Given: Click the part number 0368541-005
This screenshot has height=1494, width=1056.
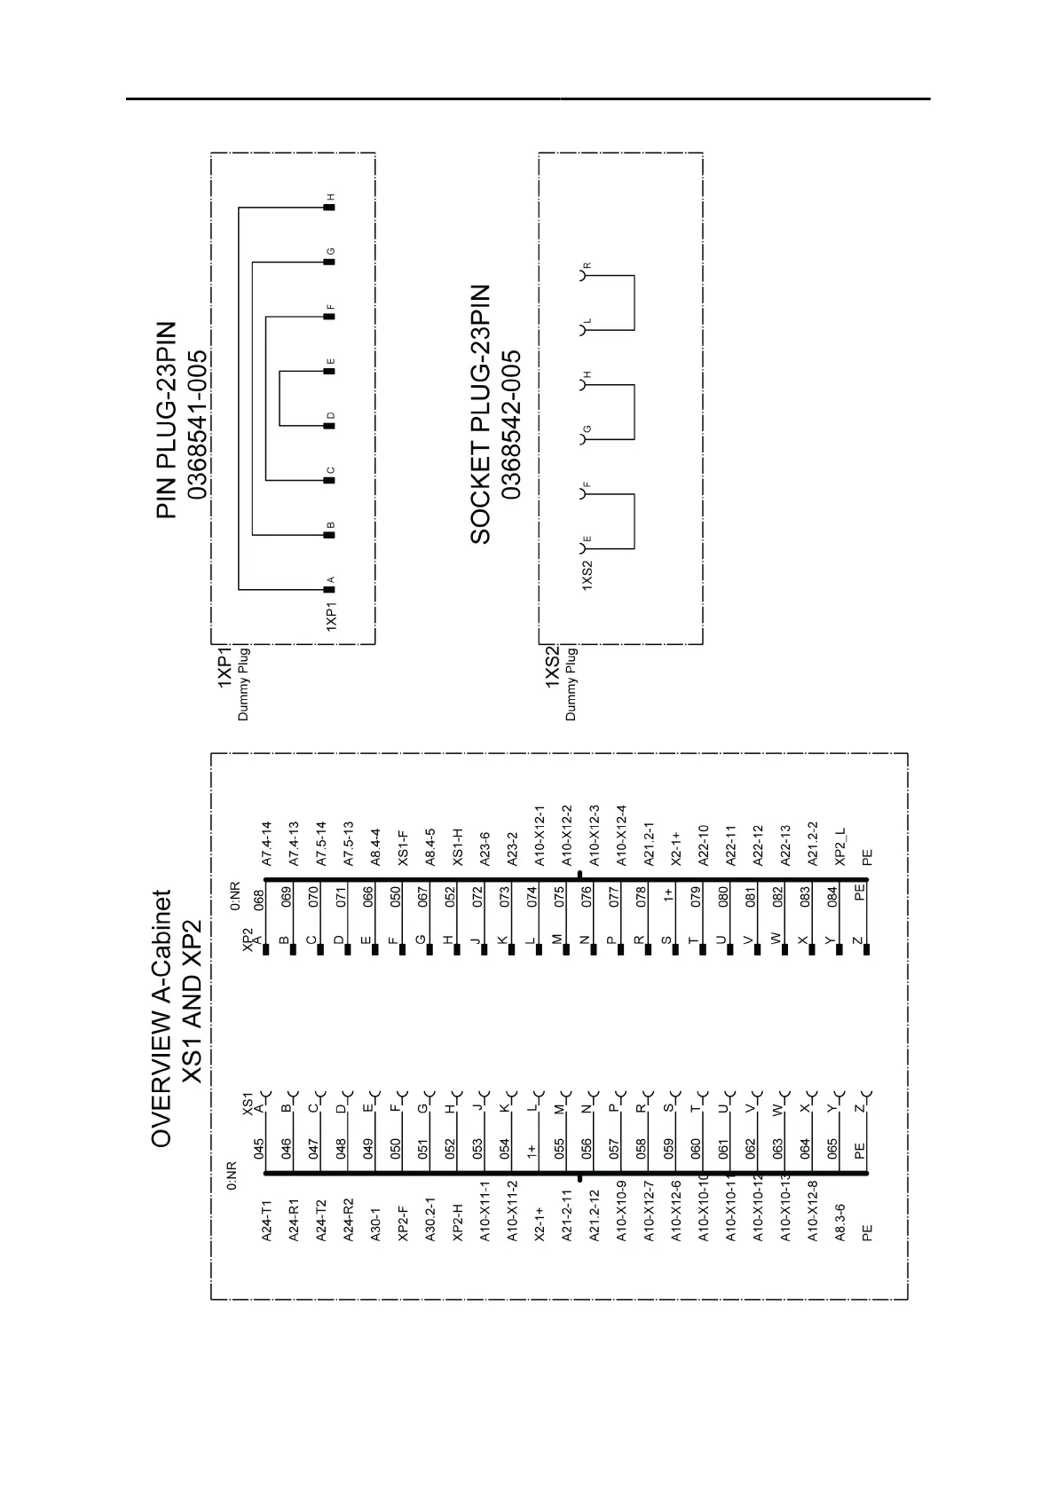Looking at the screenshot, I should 197,424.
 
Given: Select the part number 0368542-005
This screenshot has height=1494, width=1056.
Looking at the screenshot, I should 511,424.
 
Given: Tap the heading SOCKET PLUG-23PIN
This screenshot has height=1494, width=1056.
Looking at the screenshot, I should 480,413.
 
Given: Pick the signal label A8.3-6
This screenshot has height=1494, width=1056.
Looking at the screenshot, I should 840,1222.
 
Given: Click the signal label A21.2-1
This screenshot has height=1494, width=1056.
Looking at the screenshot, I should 649,844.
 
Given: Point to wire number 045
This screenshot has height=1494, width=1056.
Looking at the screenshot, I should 259,1149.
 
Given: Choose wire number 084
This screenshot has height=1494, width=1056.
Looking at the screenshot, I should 832,898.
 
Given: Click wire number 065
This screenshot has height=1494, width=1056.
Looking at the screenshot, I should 832,1149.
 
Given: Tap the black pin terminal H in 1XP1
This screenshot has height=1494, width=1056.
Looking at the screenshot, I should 328,207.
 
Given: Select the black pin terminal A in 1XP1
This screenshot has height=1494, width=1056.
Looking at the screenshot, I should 328,590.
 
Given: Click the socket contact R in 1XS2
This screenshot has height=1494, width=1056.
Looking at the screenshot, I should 584,276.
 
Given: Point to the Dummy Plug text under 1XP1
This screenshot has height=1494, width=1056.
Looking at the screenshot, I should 244,684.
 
